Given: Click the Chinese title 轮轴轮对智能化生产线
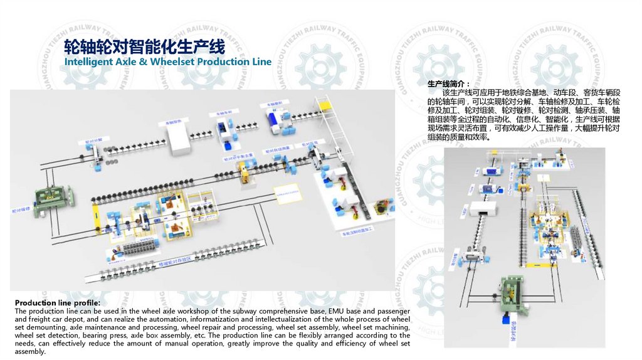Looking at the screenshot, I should point(144,47).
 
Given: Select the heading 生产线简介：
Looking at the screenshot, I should point(449,84).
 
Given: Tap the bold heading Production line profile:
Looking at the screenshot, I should point(57,304).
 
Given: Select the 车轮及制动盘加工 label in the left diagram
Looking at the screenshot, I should point(358,233).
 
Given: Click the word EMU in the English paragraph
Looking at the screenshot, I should point(337,311).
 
